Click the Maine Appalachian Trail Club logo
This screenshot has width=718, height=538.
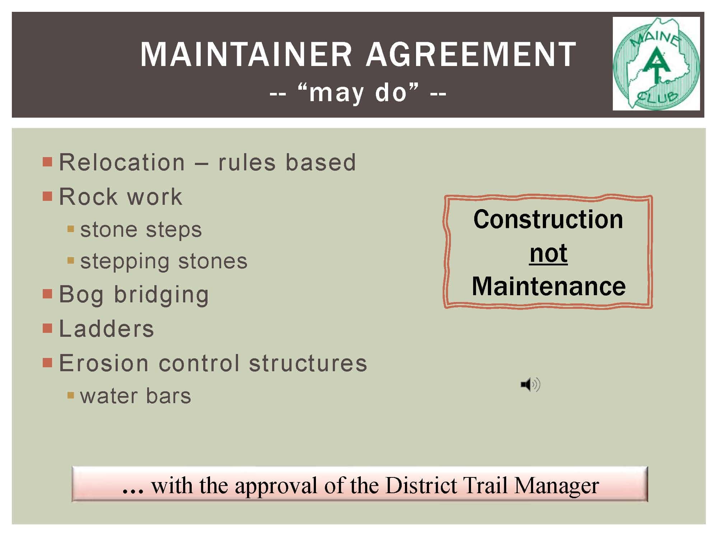656,63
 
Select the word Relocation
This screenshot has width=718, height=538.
122,162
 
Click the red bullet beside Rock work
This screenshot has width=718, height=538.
47,196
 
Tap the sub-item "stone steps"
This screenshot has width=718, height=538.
141,230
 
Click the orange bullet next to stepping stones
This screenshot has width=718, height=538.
71,260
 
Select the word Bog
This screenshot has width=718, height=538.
81,295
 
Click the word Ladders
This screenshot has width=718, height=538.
107,329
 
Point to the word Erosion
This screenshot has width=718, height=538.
104,363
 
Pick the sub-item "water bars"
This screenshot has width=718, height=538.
136,396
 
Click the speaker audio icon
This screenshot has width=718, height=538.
531,385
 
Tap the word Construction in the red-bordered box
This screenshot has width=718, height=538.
548,219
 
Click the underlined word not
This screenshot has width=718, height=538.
548,253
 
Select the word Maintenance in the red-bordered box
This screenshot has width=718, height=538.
549,286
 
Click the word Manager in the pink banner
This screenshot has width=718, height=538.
556,486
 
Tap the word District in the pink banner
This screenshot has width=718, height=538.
421,485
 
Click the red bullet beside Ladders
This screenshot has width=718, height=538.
47,329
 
